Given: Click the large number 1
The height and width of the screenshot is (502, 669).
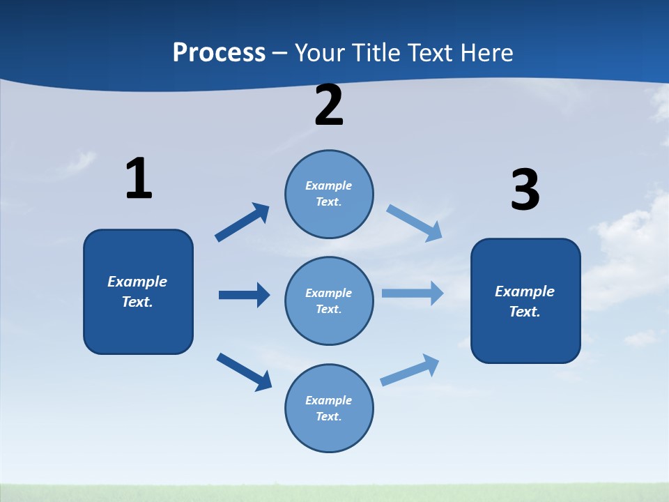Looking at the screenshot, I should [x=139, y=178].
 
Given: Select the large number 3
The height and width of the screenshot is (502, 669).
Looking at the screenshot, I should [x=525, y=190].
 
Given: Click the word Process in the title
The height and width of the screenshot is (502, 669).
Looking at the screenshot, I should [x=219, y=53].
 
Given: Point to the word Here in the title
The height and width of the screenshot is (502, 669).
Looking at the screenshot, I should [x=485, y=53].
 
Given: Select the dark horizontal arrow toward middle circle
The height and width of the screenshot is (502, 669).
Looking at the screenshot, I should [x=244, y=295].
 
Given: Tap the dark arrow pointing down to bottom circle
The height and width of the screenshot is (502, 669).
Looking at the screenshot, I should [x=244, y=372].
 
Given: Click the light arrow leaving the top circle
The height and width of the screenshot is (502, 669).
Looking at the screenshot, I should [x=415, y=222].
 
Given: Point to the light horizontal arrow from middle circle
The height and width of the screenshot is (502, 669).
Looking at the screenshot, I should [x=413, y=293].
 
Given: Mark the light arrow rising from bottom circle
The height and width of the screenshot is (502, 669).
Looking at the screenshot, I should [x=410, y=370].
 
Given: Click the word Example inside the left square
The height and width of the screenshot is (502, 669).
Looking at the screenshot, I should [x=137, y=282].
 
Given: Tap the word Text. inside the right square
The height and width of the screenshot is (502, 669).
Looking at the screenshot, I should [x=525, y=312].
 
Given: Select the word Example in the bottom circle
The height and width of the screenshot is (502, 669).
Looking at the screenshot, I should [x=329, y=400].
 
